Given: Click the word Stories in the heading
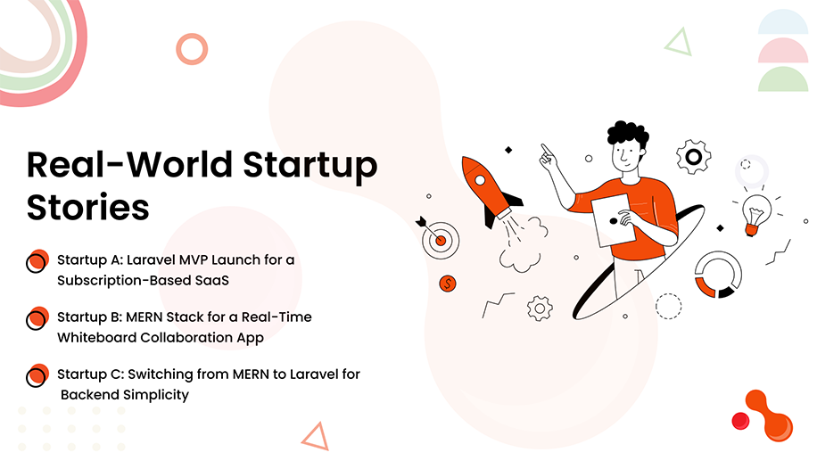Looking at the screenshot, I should point(87,207).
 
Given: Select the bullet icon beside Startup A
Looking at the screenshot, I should point(37,261).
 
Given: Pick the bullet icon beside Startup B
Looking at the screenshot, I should point(37,318).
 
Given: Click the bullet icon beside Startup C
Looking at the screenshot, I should point(37,375).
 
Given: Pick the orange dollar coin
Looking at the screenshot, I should point(449,284).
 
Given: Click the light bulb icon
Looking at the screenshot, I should point(755,214).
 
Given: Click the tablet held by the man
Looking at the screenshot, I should point(613,222).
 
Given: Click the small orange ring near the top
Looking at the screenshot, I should point(192,48).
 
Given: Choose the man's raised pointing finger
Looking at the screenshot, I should point(545,149).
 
